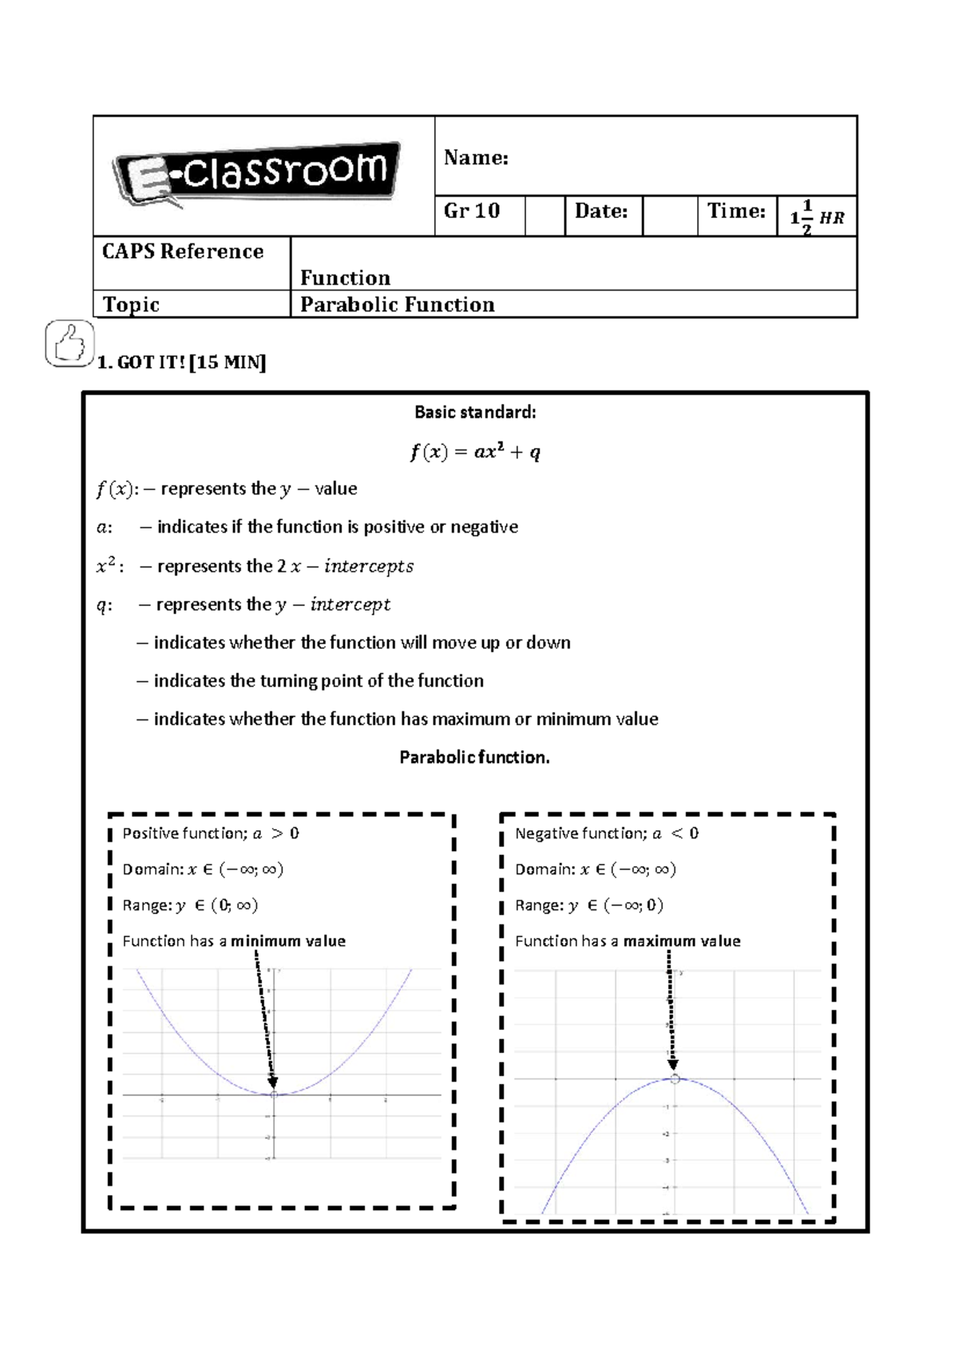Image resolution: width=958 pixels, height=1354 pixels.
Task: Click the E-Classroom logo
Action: (x=256, y=174)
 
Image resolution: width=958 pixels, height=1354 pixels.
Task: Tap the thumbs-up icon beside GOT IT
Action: (x=69, y=343)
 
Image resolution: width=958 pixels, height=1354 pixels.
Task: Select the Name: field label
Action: (x=476, y=157)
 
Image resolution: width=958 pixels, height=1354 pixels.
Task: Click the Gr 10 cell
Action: (x=472, y=211)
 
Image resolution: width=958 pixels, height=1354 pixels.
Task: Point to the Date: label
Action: (x=601, y=211)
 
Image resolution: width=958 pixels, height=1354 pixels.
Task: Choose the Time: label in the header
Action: (x=736, y=211)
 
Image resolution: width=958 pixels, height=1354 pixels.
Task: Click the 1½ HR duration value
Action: (x=817, y=217)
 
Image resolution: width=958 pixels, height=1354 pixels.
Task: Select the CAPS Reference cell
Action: (x=183, y=251)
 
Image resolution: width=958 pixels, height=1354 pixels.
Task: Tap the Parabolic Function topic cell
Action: (x=398, y=305)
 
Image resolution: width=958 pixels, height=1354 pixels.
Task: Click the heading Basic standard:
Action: (x=475, y=412)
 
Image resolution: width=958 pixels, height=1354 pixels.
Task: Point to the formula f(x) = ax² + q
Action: (x=475, y=452)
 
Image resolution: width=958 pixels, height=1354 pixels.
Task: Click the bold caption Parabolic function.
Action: (x=475, y=757)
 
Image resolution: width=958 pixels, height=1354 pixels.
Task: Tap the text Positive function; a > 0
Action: (x=211, y=833)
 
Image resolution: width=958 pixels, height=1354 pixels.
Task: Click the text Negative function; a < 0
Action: (x=607, y=833)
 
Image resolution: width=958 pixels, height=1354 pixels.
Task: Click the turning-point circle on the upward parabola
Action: (x=274, y=1095)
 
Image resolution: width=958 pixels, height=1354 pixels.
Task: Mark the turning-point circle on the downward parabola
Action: (x=675, y=1079)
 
